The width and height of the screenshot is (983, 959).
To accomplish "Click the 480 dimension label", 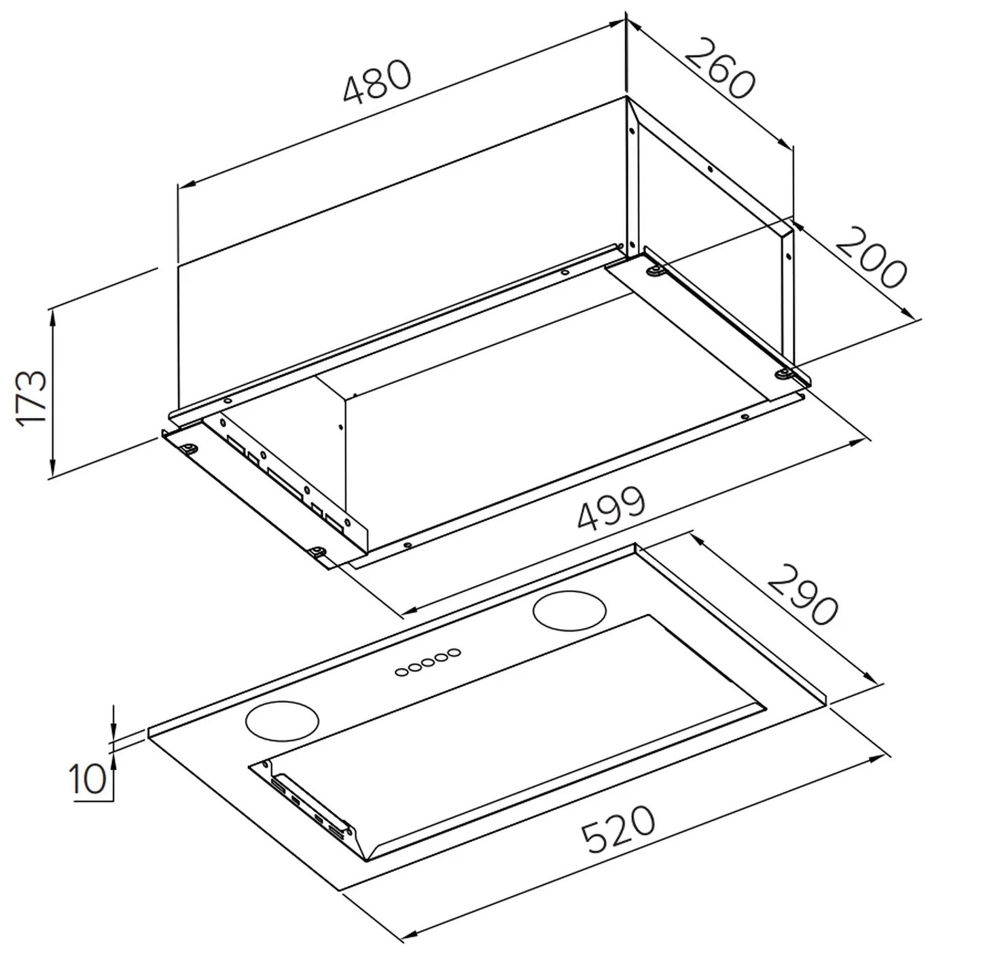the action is (377, 82).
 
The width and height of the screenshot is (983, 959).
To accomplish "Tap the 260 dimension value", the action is (719, 69).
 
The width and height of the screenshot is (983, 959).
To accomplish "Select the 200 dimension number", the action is (870, 258).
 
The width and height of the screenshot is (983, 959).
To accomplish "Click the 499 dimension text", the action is (611, 508).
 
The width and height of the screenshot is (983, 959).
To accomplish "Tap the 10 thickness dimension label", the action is (88, 779).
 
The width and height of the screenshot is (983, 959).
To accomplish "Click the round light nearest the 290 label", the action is (569, 610).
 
